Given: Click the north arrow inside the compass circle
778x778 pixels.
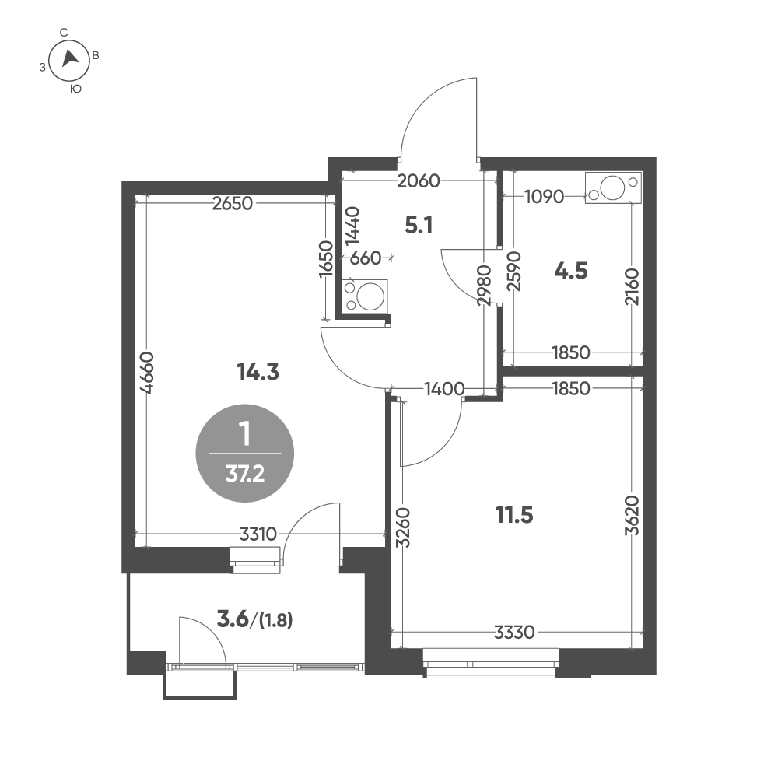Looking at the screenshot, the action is [70, 59].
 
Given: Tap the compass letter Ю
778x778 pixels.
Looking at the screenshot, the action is [75, 89].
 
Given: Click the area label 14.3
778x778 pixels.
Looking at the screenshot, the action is [258, 371].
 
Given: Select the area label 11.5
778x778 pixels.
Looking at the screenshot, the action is [514, 515].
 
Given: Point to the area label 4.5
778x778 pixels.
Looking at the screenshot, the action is [571, 272].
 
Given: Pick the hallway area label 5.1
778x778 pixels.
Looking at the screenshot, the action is [419, 226].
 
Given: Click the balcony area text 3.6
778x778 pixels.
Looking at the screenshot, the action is [233, 619].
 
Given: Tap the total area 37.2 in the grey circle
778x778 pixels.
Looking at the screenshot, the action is [244, 475].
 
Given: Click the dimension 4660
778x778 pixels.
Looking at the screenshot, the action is [147, 373].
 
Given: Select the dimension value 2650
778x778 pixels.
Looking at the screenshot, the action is [232, 203].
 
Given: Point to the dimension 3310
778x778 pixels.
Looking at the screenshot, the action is [258, 534].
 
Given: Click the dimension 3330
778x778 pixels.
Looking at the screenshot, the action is [514, 632].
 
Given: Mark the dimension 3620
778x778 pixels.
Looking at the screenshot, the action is [632, 516].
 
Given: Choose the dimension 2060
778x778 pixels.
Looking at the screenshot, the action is [419, 181].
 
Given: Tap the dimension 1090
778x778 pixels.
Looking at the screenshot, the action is [545, 197].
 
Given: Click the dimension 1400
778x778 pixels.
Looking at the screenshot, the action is [444, 388].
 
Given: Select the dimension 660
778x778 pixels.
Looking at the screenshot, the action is [366, 258].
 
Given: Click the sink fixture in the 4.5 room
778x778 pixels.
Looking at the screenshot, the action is [613, 187].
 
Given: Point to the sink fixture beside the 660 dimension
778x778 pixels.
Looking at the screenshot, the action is [364, 296].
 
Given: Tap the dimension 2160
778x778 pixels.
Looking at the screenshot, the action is [632, 287].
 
